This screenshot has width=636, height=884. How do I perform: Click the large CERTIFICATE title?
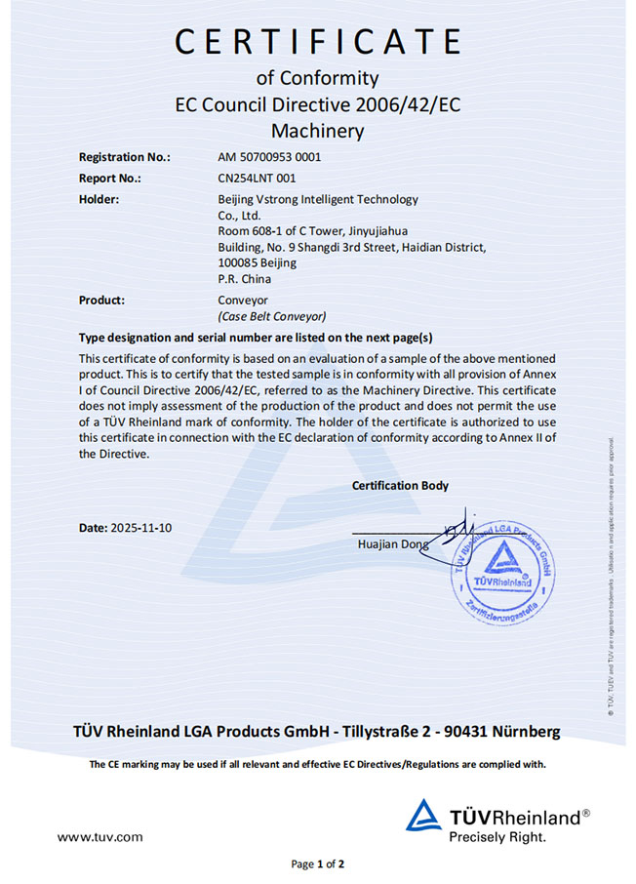[x=317, y=42]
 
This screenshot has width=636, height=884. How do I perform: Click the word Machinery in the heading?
[x=317, y=130]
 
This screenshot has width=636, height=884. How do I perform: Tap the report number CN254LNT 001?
[x=257, y=178]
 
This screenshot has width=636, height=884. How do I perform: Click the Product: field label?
[x=101, y=301]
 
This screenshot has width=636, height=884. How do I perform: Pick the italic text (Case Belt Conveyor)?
[x=271, y=316]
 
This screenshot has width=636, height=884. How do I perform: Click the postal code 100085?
[x=237, y=262]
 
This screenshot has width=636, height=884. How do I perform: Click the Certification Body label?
[x=400, y=485]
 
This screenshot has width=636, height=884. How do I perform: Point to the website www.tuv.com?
[x=99, y=836]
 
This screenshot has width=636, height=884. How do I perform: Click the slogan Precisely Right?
[x=497, y=836]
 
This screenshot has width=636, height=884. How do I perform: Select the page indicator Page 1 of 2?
[x=318, y=864]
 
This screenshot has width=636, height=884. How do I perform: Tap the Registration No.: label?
[x=124, y=156]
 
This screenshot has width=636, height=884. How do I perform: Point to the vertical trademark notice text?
[x=610, y=576]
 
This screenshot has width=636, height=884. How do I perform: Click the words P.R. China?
[x=244, y=278]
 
